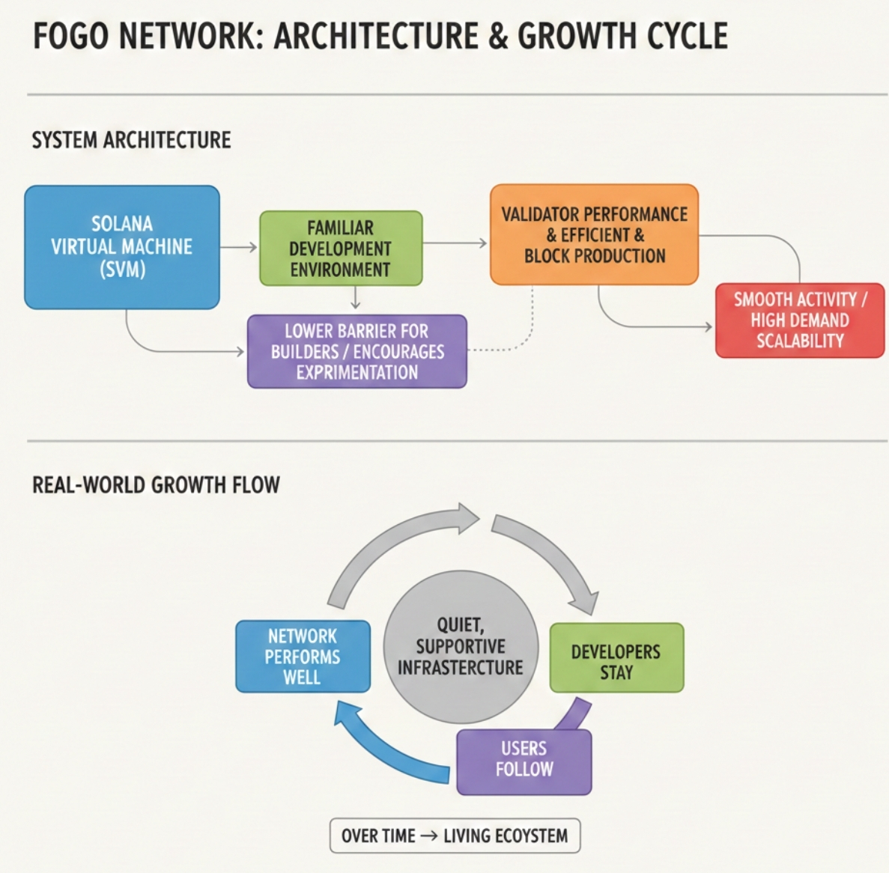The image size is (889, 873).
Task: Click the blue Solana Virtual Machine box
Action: [x=121, y=247]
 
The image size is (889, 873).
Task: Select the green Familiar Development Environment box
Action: [x=341, y=249]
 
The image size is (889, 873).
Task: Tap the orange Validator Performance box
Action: [x=594, y=234]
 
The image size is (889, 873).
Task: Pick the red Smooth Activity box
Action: [x=800, y=320]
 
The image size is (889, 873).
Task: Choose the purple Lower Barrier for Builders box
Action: [x=357, y=351]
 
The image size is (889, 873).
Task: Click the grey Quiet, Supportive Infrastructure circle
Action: [x=461, y=647]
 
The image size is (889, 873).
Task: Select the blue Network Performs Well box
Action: [x=303, y=657]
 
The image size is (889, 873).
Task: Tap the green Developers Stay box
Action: [x=616, y=657]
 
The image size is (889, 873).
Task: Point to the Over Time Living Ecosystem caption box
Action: [x=455, y=836]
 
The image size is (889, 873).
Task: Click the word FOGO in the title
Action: [x=70, y=36]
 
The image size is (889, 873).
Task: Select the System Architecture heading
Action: [x=131, y=140]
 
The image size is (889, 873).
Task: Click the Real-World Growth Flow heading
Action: [x=156, y=485]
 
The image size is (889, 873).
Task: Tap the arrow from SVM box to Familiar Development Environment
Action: [x=240, y=247]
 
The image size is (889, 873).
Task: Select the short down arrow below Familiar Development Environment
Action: [x=356, y=299]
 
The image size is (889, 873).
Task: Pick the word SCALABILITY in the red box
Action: [x=800, y=341]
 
